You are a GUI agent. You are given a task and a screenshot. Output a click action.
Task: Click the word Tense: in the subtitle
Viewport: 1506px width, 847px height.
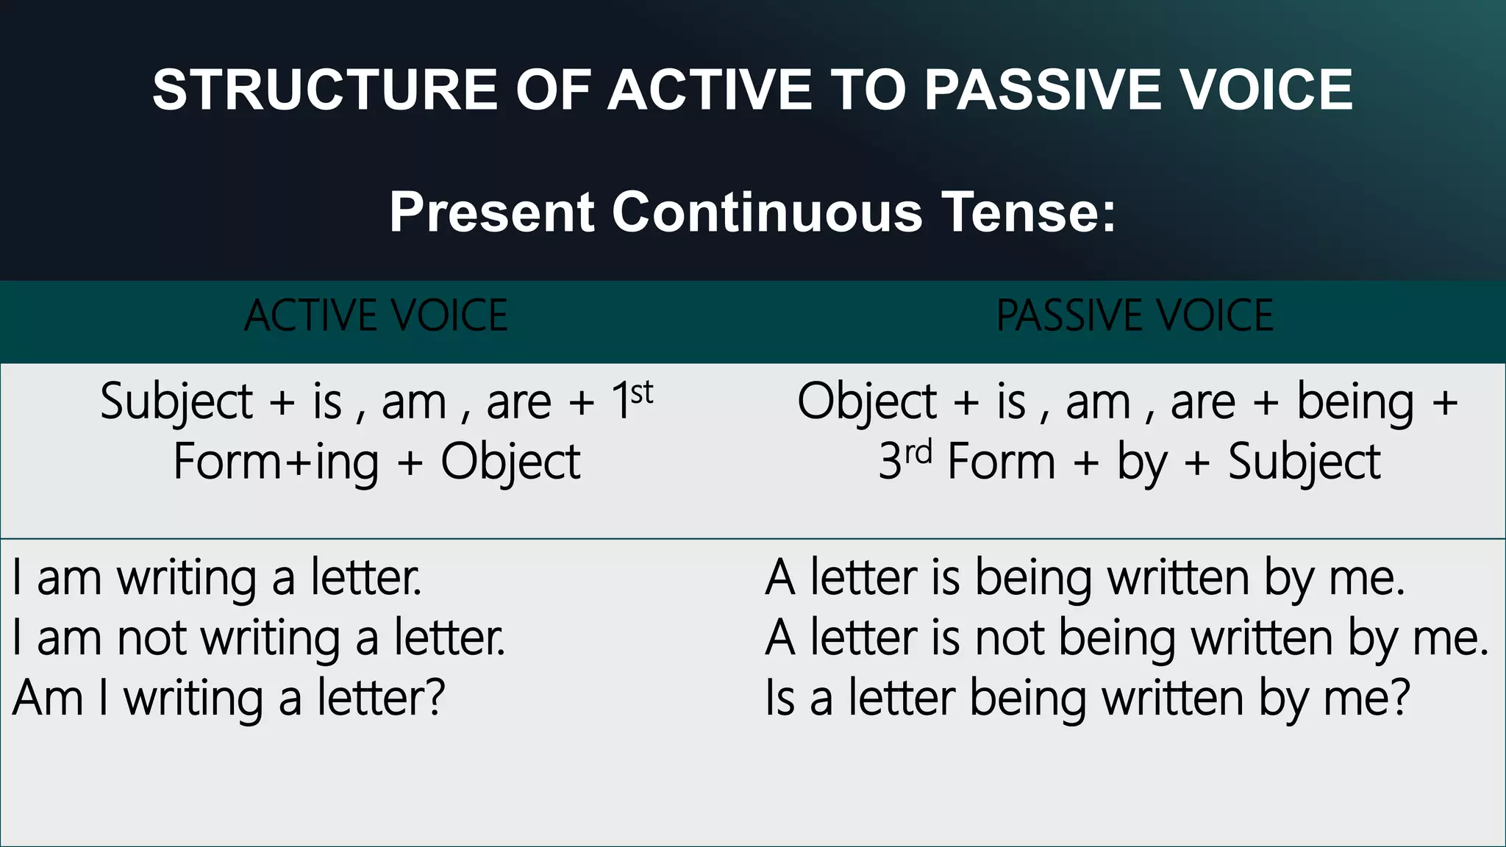pos(1029,212)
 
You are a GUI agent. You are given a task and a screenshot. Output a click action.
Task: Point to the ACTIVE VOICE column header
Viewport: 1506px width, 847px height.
pos(376,316)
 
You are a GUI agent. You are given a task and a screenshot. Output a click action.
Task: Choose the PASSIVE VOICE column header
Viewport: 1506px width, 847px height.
pos(1135,316)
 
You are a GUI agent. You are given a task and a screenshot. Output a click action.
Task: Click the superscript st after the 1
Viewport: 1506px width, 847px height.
pos(642,393)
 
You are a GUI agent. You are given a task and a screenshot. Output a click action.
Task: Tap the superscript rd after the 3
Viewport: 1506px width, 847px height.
pos(918,452)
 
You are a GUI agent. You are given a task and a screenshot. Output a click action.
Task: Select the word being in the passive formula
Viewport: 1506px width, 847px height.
pos(1355,403)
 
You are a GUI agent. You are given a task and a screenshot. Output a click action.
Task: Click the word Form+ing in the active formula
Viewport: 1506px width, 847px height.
pos(276,462)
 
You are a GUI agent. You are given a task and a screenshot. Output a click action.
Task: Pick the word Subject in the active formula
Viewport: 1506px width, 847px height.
pos(176,403)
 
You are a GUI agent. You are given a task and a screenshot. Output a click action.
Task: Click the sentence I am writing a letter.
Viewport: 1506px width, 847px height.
pos(217,578)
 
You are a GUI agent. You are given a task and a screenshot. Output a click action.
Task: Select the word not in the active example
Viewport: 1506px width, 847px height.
pos(151,638)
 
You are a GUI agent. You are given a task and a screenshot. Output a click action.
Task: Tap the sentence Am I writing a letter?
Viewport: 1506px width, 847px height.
pos(229,698)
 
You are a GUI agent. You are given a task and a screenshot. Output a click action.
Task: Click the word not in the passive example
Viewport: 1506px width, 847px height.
pos(1010,638)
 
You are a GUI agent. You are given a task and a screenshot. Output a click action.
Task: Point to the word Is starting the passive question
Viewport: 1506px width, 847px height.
pos(779,698)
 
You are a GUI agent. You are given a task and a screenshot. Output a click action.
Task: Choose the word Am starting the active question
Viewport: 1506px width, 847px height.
pos(48,698)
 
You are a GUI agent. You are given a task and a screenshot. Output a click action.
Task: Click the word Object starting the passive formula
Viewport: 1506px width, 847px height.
pos(866,403)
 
